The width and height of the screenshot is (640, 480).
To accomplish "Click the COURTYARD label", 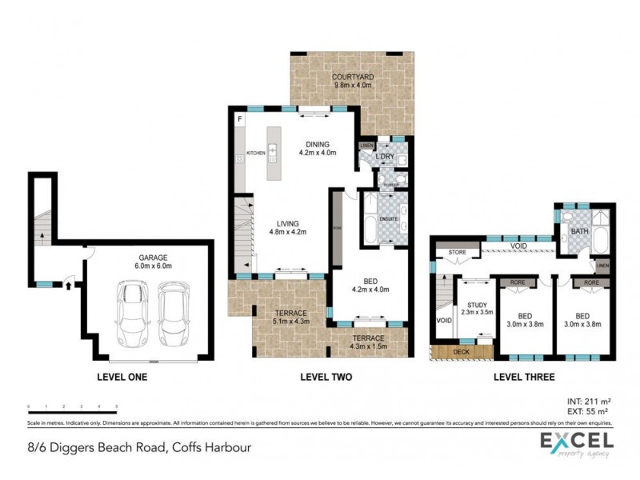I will pyautogui.click(x=353, y=77).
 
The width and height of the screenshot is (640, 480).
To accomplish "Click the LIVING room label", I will pyautogui.click(x=288, y=224).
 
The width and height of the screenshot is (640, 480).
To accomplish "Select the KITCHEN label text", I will pyautogui.click(x=255, y=153).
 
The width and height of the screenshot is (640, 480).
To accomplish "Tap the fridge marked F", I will pyautogui.click(x=238, y=120).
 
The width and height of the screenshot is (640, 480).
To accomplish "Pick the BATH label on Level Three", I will pyautogui.click(x=580, y=232).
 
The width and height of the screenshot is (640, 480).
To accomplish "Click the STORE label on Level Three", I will pyautogui.click(x=457, y=253).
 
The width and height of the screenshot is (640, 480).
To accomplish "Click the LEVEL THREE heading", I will pyautogui.click(x=522, y=377).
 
